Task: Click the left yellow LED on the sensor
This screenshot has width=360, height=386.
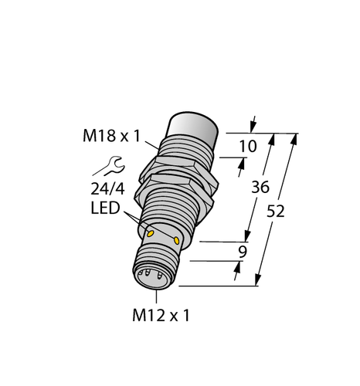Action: pyautogui.click(x=151, y=232)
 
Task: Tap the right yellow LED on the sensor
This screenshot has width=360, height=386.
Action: pyautogui.click(x=178, y=241)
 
